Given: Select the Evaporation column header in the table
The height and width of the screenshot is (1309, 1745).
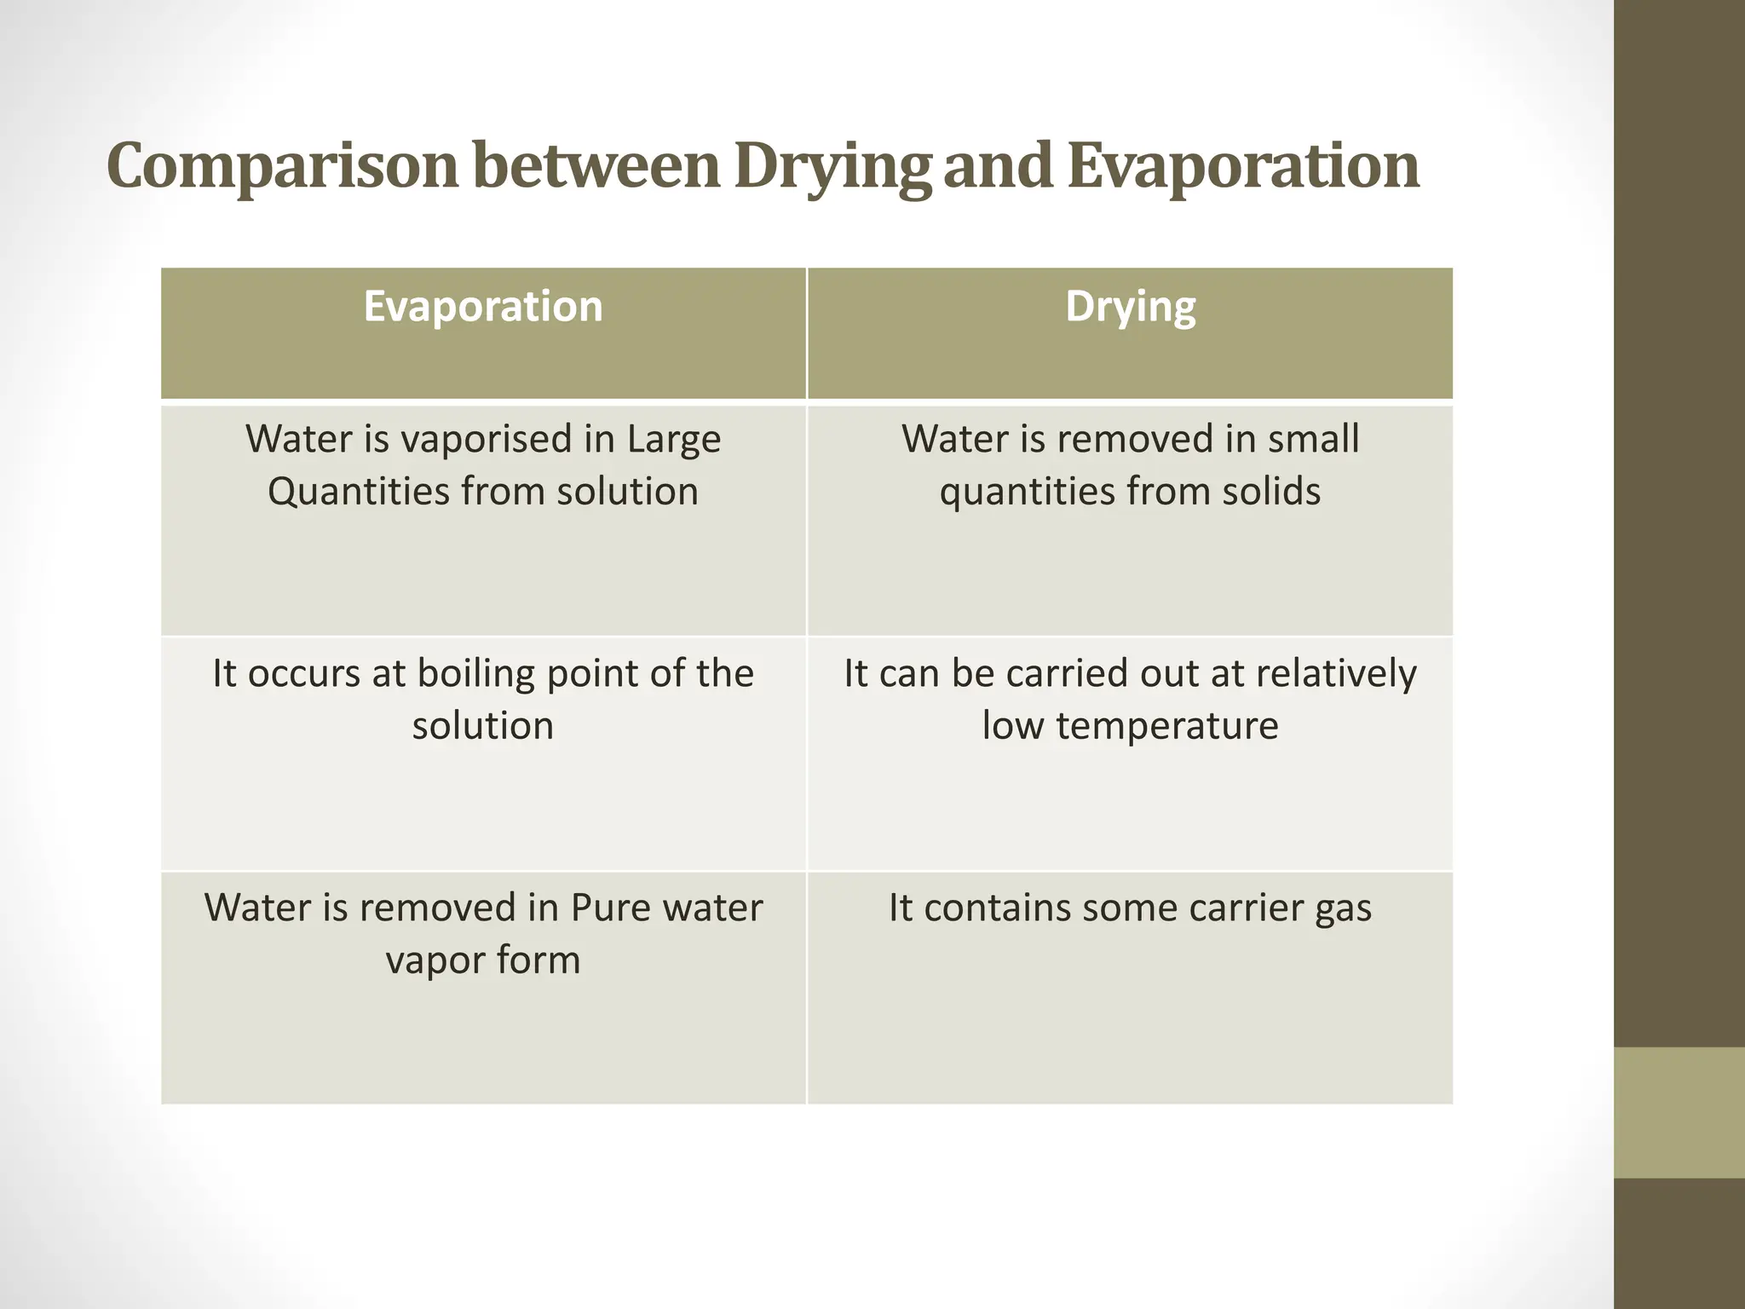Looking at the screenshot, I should (x=483, y=307).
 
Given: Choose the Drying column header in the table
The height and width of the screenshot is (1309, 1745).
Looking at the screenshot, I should (x=1130, y=307).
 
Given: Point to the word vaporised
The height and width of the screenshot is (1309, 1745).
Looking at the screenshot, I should (x=486, y=440).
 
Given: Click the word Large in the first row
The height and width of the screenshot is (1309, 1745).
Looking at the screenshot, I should (x=674, y=441).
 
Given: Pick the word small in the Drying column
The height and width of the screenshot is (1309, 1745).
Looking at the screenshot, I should (x=1313, y=439).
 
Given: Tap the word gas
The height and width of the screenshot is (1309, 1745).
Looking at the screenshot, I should (x=1343, y=909).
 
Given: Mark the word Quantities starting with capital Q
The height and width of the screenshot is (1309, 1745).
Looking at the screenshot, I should (x=359, y=493).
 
